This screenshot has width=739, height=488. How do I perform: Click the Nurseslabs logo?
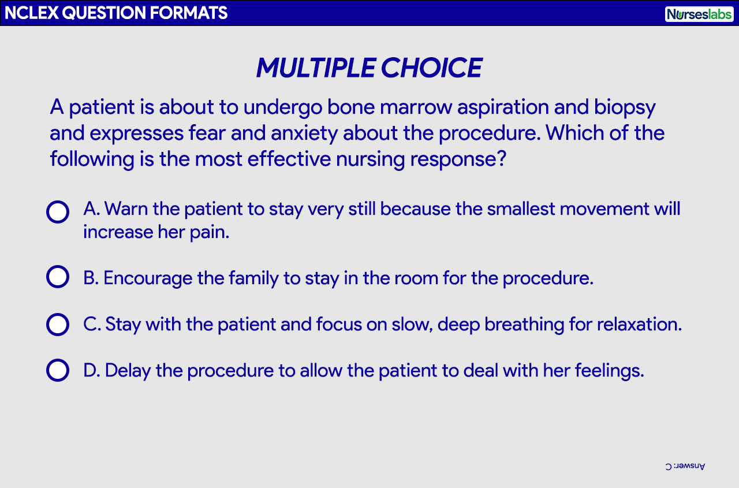tap(699, 14)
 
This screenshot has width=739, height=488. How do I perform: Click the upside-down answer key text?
tap(685, 466)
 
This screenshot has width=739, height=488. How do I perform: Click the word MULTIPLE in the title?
tap(316, 68)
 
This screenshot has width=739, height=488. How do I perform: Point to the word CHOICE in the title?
tap(432, 68)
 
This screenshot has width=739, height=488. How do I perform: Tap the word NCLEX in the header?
tap(31, 13)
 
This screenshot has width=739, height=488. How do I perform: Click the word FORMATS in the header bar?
tap(189, 13)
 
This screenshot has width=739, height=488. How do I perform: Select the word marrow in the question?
tap(416, 107)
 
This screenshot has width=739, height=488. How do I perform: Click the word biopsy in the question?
tap(625, 108)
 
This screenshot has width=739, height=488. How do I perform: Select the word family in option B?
tap(253, 279)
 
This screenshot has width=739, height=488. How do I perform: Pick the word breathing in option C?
tap(538, 325)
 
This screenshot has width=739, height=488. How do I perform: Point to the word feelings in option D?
tap(609, 371)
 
